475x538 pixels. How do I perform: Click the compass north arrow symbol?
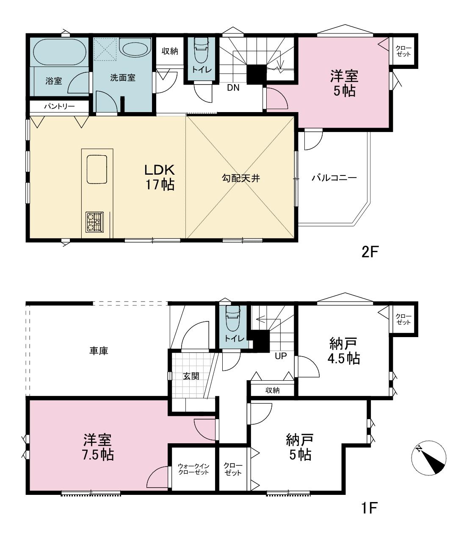(429, 458)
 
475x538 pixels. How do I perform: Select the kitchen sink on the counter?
(97, 169)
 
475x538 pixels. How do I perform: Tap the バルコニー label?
(334, 178)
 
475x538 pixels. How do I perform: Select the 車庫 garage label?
(99, 351)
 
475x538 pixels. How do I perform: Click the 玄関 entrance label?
(191, 376)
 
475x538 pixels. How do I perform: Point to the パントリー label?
(59, 107)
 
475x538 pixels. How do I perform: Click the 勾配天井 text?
(241, 178)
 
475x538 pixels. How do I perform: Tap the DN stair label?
(233, 88)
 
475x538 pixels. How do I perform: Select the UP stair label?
(281, 356)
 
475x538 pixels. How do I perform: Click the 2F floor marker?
(370, 252)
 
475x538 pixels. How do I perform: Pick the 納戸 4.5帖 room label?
(343, 351)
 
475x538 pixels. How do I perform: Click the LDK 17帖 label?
(160, 177)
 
